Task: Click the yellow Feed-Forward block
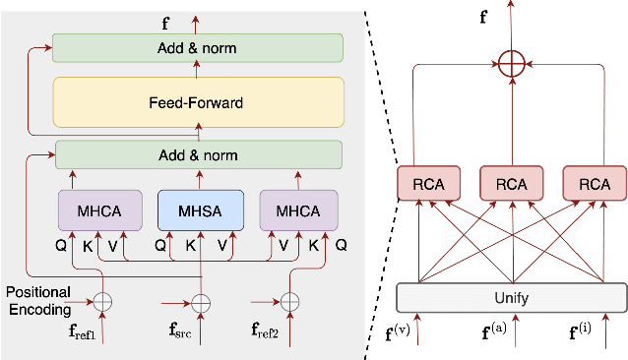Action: pos(197,101)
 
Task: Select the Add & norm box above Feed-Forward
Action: pos(197,48)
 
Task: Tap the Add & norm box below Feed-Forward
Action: pos(197,155)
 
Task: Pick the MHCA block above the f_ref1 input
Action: pos(97,210)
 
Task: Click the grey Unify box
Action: pos(510,296)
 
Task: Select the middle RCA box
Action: pos(510,184)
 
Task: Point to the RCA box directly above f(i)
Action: pos(594,184)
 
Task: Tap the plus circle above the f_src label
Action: pos(201,301)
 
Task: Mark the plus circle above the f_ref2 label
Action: pos(289,301)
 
